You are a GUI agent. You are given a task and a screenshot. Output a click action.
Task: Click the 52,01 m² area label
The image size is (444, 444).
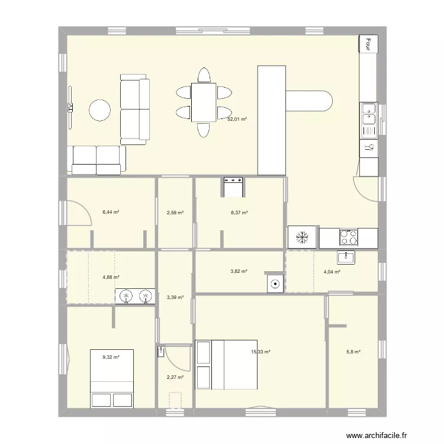click(237, 119)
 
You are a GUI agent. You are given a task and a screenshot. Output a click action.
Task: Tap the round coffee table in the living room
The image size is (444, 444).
click(99, 110)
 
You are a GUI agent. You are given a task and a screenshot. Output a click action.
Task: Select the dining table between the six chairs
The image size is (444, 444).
click(204, 102)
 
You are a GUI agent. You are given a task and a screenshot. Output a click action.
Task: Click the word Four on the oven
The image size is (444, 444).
click(368, 44)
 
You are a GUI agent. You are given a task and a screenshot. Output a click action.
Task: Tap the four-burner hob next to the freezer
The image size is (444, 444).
click(348, 237)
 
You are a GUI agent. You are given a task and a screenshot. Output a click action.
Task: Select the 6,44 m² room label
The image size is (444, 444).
click(111, 212)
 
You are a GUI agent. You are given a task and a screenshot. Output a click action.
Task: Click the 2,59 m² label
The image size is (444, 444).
click(175, 213)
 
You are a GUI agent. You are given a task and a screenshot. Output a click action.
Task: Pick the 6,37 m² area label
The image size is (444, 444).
click(239, 213)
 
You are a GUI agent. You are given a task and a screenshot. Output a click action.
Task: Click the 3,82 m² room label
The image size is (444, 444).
click(239, 271)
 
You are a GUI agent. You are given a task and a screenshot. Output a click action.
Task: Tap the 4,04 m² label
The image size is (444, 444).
click(332, 272)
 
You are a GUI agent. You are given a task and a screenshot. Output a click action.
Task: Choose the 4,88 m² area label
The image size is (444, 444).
click(111, 276)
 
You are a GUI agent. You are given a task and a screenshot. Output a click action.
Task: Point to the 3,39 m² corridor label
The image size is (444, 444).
click(175, 297)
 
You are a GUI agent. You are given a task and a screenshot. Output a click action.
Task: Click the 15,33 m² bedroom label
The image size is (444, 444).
click(260, 352)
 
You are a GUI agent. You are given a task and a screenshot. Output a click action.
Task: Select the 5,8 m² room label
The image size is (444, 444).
click(353, 352)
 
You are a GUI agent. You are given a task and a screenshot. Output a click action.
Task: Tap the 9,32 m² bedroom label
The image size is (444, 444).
click(111, 357)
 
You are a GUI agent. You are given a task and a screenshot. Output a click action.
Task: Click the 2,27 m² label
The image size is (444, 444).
click(175, 377)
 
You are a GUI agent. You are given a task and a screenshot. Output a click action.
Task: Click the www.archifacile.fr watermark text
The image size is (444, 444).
click(377, 435)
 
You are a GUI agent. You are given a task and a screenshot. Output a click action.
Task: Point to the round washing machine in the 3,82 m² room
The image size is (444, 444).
click(275, 284)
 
